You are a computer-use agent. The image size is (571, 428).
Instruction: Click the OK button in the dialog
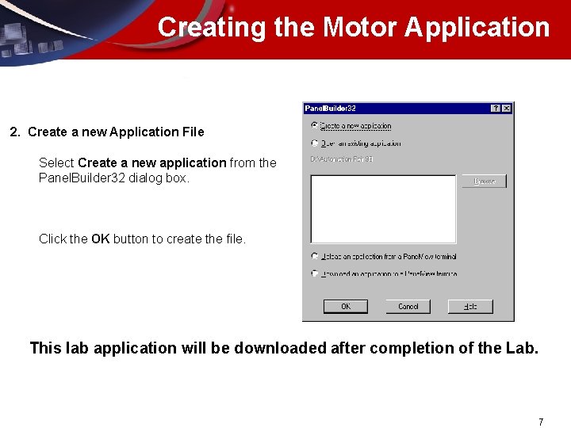click(346, 307)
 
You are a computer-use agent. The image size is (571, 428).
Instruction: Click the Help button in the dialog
click(470, 307)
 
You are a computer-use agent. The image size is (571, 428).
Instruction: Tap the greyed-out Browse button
click(484, 182)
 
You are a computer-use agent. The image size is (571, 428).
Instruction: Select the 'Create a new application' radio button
click(315, 125)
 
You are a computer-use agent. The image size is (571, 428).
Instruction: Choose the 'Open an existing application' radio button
click(315, 143)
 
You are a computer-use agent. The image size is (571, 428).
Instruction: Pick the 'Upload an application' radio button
click(315, 256)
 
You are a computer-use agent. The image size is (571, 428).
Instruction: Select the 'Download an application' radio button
click(315, 273)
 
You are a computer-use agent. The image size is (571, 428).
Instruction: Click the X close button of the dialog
click(507, 108)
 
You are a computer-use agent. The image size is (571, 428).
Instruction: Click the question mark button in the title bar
click(496, 108)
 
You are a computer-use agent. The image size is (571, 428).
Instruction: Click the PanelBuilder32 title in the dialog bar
click(330, 108)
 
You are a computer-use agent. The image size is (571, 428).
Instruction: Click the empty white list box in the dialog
click(383, 208)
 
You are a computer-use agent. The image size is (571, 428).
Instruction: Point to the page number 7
click(541, 422)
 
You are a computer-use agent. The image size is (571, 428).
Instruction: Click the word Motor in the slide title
click(361, 27)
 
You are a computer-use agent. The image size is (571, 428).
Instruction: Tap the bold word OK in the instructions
click(100, 239)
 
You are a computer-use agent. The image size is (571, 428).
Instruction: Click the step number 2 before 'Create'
click(13, 132)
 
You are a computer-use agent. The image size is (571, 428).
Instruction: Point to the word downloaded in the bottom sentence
click(280, 347)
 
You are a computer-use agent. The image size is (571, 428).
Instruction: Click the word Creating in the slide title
click(212, 27)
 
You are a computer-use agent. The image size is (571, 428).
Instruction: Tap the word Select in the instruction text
click(56, 163)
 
